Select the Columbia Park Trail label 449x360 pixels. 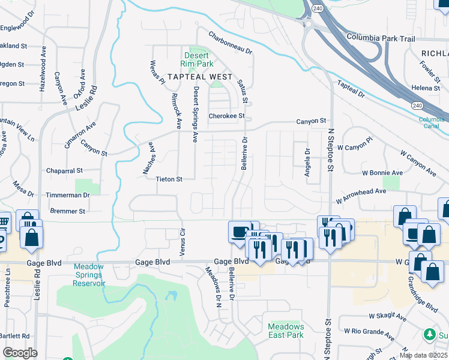(x=380, y=38)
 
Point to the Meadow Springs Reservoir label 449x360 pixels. (x=89, y=275)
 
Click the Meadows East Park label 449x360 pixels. (x=286, y=331)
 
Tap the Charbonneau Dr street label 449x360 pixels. (x=231, y=44)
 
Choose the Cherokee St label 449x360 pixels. (x=227, y=116)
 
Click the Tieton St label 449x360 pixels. (x=168, y=179)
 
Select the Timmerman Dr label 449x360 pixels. (x=68, y=196)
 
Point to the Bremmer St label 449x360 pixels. (x=68, y=211)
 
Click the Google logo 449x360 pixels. (x=19, y=353)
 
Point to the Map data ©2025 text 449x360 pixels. (x=423, y=355)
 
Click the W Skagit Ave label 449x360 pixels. (x=388, y=316)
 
